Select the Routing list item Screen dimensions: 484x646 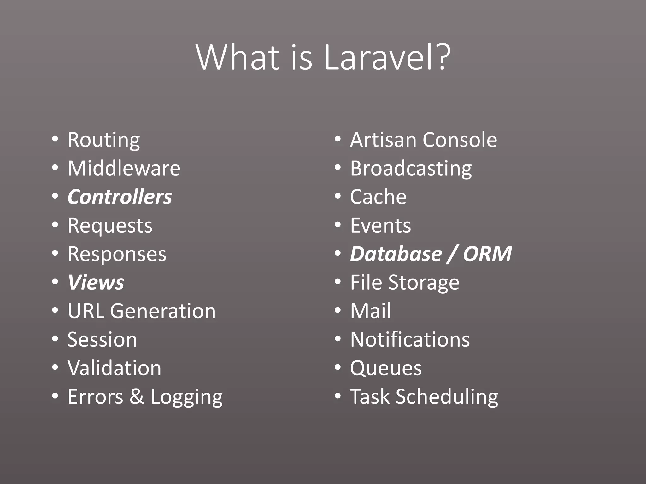click(104, 140)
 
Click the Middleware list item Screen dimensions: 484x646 click(124, 168)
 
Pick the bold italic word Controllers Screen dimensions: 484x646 click(120, 197)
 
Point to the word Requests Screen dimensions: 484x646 click(110, 226)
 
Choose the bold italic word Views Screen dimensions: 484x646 click(96, 282)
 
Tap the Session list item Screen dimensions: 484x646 click(102, 340)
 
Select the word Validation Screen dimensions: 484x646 click(115, 368)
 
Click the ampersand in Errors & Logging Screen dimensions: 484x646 click(137, 396)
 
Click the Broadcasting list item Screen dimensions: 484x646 click(411, 169)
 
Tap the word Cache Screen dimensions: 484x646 click(378, 197)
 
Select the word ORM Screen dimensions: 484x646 click(487, 254)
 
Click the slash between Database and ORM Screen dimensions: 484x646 click(453, 255)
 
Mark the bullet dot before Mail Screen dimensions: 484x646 click(338, 311)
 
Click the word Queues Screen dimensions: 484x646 click(386, 368)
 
